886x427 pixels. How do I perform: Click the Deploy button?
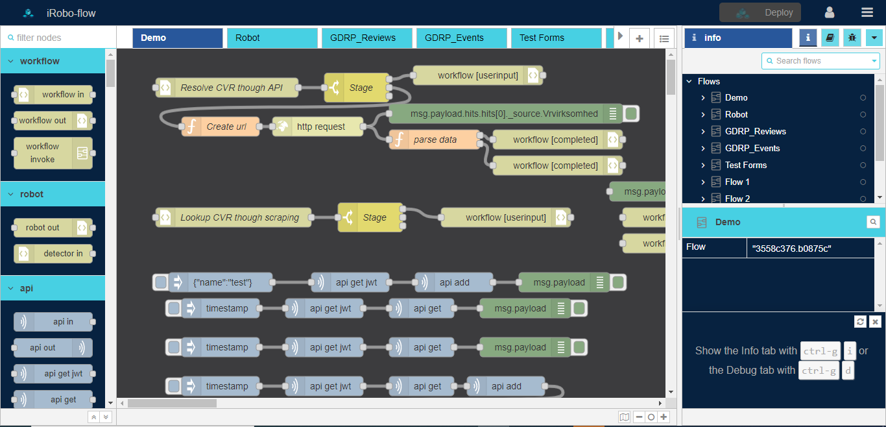tap(760, 12)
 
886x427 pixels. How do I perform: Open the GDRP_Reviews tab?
tap(366, 38)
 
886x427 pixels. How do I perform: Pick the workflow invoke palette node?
tap(53, 153)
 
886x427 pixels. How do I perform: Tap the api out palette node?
tap(53, 348)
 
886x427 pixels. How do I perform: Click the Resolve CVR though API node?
tap(227, 88)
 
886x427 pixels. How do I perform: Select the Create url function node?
tap(221, 127)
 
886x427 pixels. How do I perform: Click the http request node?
tap(318, 127)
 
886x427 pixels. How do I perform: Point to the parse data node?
tap(435, 140)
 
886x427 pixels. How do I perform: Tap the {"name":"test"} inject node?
tap(221, 282)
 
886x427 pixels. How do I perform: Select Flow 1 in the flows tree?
tap(737, 182)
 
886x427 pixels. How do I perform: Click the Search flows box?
tap(820, 61)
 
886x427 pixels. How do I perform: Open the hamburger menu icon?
tap(867, 12)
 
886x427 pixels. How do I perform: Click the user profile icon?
tap(830, 12)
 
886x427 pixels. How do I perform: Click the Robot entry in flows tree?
tap(737, 114)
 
